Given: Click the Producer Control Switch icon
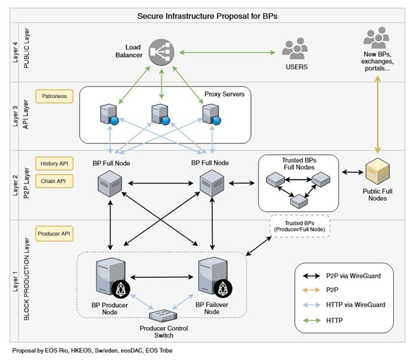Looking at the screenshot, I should point(163,313).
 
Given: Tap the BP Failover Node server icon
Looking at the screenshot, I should point(210,277).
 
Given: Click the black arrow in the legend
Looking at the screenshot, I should point(317,276).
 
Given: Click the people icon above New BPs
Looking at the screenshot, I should point(376,37).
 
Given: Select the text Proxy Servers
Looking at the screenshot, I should point(225,93).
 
